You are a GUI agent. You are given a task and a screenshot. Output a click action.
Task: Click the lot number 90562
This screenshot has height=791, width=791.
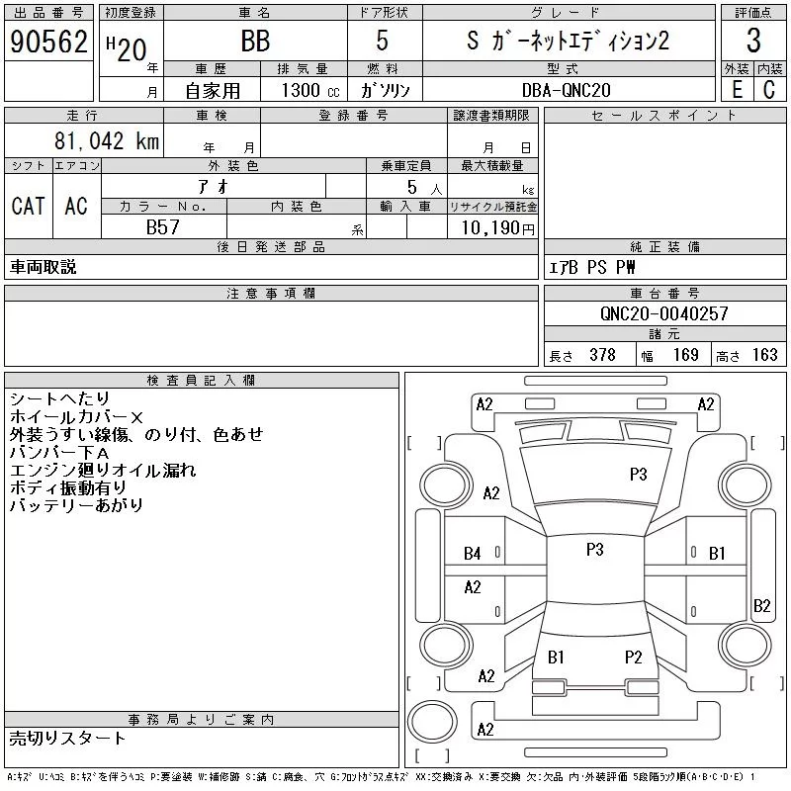(48, 42)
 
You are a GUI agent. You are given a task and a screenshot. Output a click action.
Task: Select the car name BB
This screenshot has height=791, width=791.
(255, 42)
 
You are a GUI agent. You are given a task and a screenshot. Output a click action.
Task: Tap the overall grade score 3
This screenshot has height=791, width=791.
(753, 42)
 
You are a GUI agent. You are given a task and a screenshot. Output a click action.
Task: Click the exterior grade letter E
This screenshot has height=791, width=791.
(736, 88)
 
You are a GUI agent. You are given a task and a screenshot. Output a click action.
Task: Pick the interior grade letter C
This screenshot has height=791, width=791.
(768, 88)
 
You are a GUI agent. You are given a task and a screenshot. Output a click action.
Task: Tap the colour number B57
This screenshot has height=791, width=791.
(164, 227)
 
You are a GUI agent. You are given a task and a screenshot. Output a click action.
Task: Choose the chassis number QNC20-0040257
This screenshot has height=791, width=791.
(663, 313)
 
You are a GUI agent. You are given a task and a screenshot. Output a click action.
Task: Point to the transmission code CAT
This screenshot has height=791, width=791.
(28, 206)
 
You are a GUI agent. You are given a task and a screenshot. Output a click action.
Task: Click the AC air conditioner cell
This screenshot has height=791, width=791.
(76, 206)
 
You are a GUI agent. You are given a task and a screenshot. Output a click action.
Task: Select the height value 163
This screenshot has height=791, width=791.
(763, 355)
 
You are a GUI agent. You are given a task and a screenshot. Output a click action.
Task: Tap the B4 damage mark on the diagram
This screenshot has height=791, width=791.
(473, 553)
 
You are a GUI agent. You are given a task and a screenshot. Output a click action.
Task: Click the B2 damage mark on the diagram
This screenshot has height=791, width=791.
(761, 606)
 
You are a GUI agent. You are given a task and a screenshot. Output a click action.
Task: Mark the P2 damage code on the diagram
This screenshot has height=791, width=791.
(634, 657)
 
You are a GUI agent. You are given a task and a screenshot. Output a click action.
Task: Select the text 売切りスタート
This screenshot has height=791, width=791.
(68, 738)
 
